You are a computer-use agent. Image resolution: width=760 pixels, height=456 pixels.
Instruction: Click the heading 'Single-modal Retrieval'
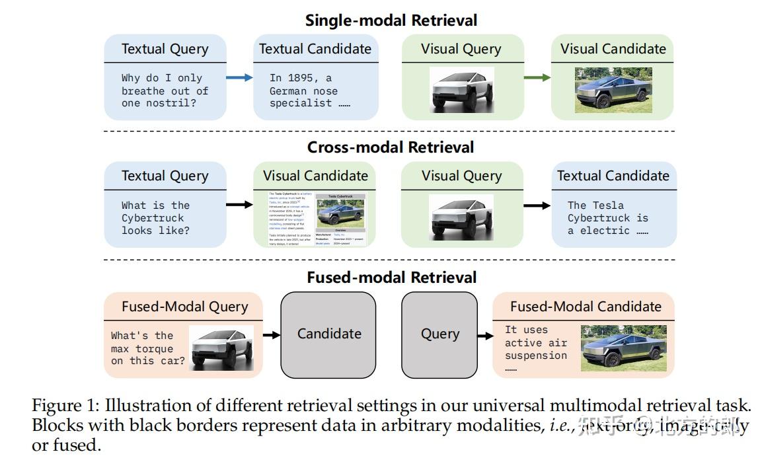391,20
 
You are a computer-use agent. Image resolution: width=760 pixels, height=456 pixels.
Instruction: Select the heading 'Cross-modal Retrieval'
391,147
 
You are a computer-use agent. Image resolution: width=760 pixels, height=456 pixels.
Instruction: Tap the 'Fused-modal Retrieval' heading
391,278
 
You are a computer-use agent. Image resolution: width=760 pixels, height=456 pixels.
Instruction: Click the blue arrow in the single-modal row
239,78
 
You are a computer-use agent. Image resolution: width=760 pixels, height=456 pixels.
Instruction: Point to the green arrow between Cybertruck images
537,78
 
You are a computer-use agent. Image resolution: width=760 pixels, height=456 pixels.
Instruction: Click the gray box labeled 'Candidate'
328,334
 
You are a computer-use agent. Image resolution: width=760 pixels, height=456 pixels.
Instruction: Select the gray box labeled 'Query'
439,334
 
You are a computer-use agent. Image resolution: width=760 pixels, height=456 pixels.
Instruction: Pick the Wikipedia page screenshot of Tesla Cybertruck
315,219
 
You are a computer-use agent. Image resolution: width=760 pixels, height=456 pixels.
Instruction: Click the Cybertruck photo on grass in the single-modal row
613,89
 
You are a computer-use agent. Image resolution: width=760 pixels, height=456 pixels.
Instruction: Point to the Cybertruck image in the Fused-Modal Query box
221,348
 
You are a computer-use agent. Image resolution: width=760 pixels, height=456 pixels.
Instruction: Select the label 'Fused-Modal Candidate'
585,307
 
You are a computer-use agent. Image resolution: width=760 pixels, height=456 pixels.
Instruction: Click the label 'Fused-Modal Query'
184,307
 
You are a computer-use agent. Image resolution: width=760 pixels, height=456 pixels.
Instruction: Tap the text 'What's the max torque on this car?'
147,348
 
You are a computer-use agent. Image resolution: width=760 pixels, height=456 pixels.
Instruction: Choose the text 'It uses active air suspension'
535,343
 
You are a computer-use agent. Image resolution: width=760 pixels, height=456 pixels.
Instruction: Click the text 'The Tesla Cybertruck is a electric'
607,218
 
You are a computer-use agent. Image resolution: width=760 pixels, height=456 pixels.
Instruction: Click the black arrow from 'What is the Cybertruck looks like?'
239,205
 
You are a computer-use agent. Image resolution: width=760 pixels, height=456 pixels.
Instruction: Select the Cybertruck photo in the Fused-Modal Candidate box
623,348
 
